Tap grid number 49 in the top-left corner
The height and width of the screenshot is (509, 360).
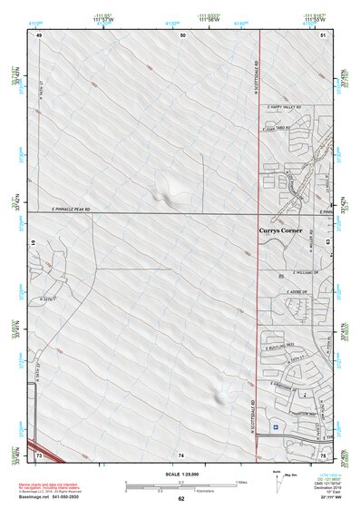39,34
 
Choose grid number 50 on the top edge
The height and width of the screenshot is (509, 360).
182,34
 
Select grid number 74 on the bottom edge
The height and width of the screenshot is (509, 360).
180,453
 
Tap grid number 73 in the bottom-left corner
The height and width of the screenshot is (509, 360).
39,452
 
